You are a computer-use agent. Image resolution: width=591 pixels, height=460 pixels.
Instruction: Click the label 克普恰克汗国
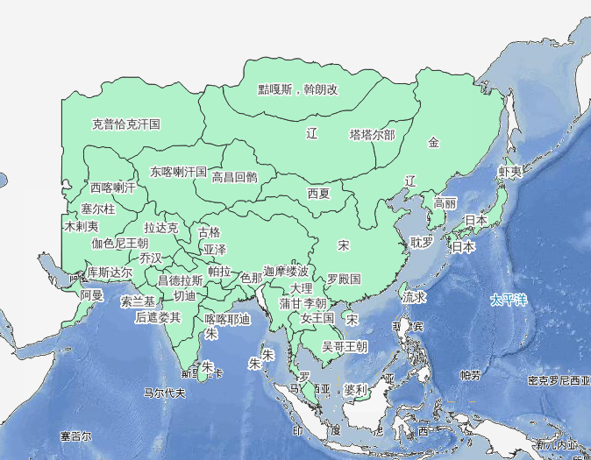tap(126, 124)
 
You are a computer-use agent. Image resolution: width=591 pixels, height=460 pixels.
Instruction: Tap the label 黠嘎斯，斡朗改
tap(297, 88)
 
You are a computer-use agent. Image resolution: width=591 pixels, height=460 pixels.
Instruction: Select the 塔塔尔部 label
tap(372, 135)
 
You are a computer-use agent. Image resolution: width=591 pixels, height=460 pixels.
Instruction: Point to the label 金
tap(433, 142)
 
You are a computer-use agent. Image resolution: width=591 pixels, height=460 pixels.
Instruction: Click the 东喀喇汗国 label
tap(178, 172)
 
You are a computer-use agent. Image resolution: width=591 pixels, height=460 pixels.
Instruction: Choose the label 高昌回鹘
tap(235, 177)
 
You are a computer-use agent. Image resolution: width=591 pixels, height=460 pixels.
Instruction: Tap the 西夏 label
tap(318, 193)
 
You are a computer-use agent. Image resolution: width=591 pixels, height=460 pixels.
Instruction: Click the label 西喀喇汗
tap(113, 188)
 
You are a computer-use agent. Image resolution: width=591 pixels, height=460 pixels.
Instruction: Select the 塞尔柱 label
tap(98, 209)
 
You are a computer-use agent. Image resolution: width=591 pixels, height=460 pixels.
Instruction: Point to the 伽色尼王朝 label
tap(120, 243)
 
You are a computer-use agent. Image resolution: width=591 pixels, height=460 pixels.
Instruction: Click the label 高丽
tap(445, 202)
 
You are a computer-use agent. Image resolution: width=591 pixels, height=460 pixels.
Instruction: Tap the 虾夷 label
tap(510, 172)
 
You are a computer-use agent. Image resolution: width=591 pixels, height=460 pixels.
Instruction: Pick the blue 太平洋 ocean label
tap(509, 301)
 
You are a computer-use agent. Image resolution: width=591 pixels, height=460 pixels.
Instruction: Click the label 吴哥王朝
tap(345, 346)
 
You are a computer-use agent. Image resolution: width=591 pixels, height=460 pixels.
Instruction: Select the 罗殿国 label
tap(344, 280)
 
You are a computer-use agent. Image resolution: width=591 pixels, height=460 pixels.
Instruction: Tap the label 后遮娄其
tap(158, 317)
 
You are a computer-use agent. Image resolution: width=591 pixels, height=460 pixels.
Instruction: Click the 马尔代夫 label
tap(164, 393)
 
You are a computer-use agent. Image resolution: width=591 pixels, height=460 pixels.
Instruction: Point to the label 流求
tap(415, 298)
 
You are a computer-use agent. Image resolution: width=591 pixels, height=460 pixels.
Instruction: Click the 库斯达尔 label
tap(110, 272)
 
